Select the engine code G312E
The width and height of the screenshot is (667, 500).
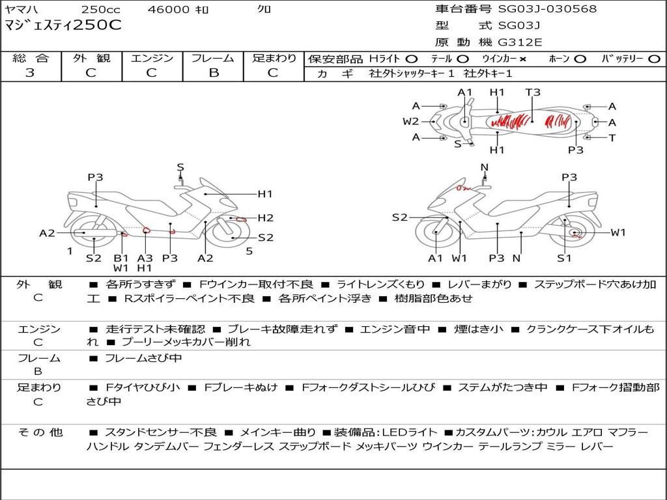tap(520, 42)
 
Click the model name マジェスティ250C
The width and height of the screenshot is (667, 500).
tap(63, 26)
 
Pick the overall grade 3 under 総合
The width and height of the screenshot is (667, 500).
tap(30, 73)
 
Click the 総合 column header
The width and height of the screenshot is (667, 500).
tap(31, 59)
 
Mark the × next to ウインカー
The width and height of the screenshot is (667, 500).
tap(522, 59)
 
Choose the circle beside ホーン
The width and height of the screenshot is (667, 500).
tap(580, 59)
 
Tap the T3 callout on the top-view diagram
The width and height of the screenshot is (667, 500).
tap(533, 92)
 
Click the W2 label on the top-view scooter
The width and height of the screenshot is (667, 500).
tap(410, 121)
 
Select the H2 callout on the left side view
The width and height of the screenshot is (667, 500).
tap(265, 218)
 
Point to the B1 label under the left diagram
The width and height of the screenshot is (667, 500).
tap(121, 258)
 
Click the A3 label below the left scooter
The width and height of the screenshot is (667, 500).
tap(145, 258)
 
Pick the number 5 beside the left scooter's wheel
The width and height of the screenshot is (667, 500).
tap(249, 251)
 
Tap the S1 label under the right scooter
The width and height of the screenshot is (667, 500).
tap(564, 258)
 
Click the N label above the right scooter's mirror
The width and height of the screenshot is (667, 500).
tap(484, 167)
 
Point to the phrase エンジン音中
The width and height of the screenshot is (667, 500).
tap(395, 329)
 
